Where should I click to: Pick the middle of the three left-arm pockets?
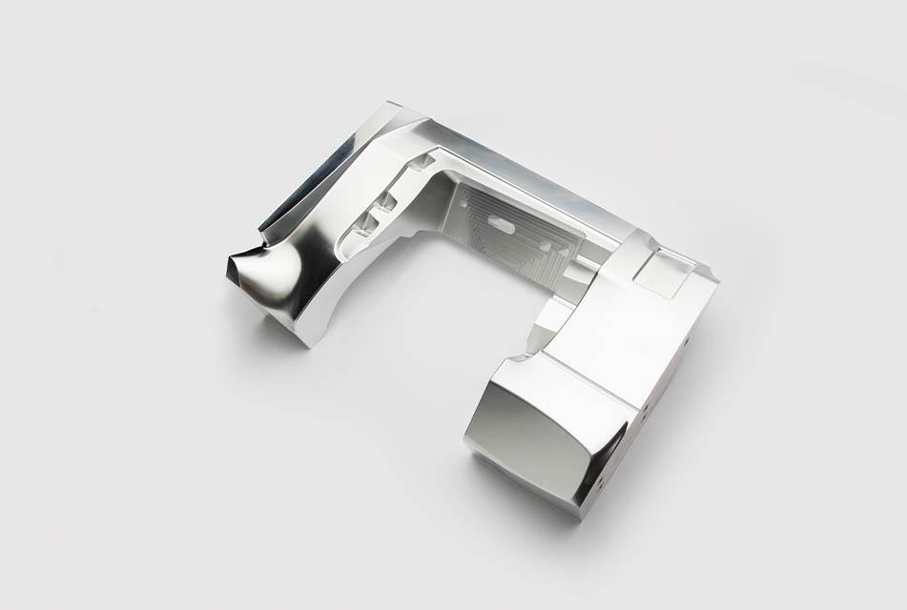point(387,202)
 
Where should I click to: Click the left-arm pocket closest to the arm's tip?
point(363,226)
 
